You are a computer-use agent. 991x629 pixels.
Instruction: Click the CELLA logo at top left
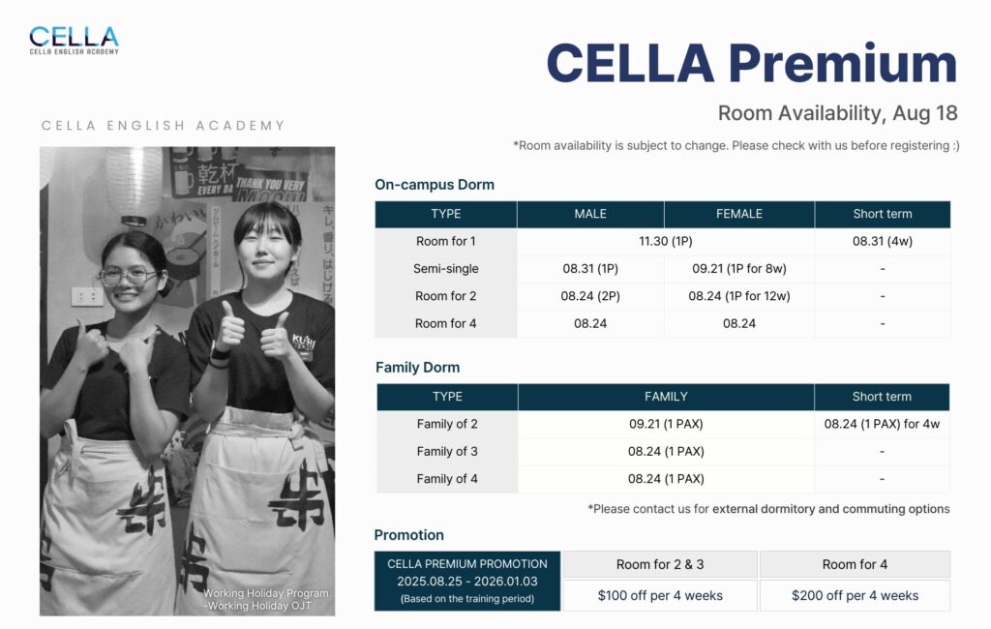[x=74, y=41]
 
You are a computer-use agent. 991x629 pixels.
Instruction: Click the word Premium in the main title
[x=843, y=64]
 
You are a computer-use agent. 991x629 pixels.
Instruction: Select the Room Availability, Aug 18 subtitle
[x=837, y=113]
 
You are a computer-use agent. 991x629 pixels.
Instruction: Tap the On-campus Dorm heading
[x=435, y=185]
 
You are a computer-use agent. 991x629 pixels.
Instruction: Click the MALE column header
[x=590, y=214]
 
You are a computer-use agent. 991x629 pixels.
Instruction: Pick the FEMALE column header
[x=738, y=214]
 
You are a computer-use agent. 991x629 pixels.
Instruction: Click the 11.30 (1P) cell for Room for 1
[x=666, y=242]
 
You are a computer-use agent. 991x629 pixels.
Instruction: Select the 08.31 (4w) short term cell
[x=883, y=242]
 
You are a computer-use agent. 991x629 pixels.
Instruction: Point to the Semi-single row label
[x=445, y=269]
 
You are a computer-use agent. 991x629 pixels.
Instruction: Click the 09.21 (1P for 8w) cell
[x=738, y=269]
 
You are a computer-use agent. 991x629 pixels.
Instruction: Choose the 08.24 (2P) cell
[x=590, y=296]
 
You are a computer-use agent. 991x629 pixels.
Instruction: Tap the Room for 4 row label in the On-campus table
[x=445, y=323]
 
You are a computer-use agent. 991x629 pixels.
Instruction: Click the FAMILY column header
[x=666, y=397]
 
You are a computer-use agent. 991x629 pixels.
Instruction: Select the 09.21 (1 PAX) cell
[x=666, y=424]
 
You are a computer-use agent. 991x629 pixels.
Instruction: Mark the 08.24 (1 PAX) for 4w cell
[x=882, y=424]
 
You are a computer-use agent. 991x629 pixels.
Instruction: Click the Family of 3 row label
[x=447, y=451]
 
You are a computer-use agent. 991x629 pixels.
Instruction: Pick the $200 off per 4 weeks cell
[x=855, y=595]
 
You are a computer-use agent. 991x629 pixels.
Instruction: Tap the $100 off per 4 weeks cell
[x=660, y=595]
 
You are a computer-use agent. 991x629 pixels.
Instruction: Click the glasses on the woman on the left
[x=129, y=276]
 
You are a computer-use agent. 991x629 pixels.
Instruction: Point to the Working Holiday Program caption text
[x=265, y=593]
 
